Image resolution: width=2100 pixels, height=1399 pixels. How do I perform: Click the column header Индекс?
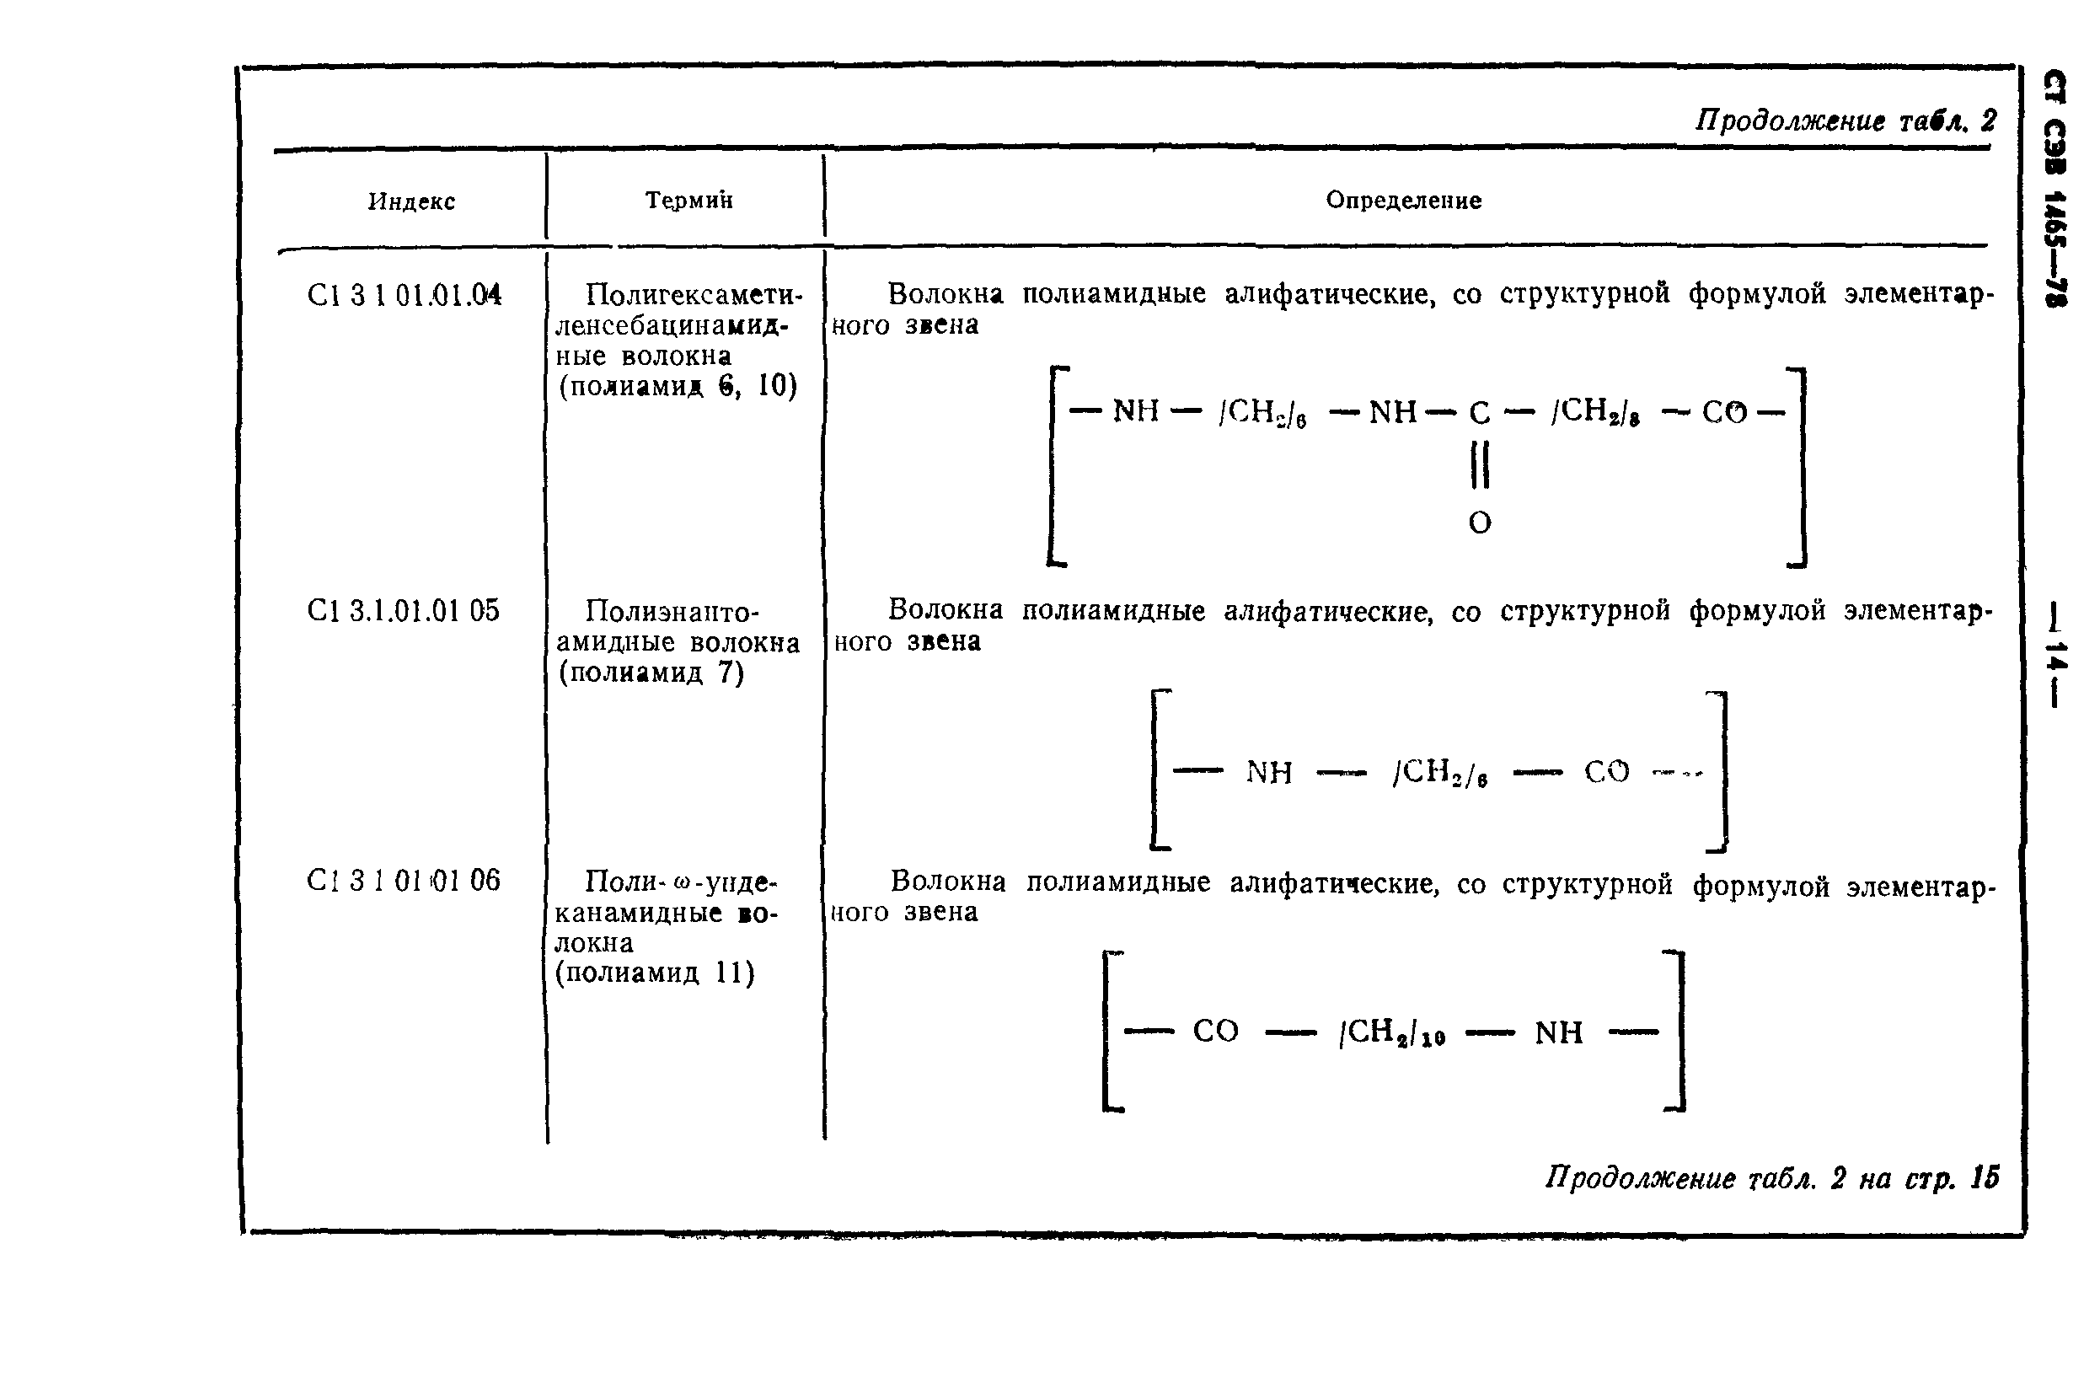(411, 201)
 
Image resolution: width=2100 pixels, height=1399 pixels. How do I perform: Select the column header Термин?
(688, 200)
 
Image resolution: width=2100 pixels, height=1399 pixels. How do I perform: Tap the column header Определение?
(1403, 200)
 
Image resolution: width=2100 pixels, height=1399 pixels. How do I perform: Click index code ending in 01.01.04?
(404, 295)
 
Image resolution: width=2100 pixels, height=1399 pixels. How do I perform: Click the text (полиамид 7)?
(651, 672)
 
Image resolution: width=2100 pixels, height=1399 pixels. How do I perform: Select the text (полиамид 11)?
(655, 973)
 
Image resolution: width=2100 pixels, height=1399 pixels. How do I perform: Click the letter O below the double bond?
(1479, 523)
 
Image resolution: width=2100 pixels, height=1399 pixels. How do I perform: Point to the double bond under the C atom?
(1479, 467)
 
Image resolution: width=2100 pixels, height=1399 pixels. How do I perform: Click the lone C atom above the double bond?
(1479, 412)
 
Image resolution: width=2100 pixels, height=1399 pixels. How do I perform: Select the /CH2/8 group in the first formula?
(1595, 411)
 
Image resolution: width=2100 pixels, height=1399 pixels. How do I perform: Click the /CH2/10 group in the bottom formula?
(1390, 1032)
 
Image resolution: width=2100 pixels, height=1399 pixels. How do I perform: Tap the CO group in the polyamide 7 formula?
(1607, 772)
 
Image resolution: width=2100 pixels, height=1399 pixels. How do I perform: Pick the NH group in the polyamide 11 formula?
(1558, 1033)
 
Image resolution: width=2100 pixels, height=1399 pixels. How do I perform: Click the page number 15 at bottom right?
(1985, 1177)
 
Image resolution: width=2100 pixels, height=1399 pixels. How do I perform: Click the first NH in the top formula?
(1136, 411)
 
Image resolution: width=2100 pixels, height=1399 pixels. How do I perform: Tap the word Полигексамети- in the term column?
(694, 293)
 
